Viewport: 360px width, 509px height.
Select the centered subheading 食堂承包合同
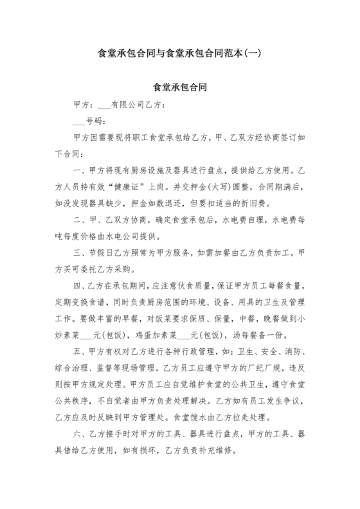click(179, 85)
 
